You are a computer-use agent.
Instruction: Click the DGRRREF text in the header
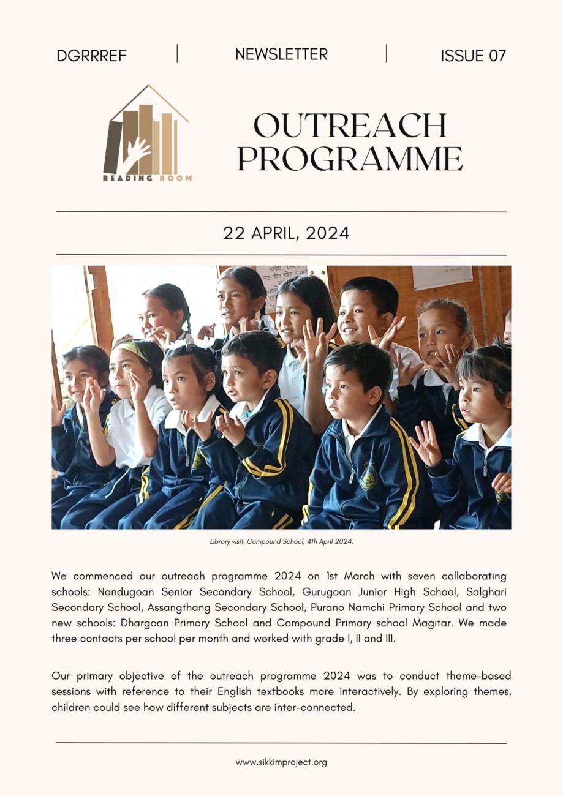(x=91, y=56)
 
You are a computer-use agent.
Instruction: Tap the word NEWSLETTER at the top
(x=281, y=54)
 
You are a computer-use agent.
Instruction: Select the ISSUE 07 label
(x=473, y=56)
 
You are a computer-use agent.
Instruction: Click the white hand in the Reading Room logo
(x=135, y=152)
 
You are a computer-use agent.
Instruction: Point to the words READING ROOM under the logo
(x=147, y=178)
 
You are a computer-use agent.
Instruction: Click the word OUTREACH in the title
(x=350, y=126)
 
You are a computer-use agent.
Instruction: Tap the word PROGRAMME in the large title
(x=350, y=159)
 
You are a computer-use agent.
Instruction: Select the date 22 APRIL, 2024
(x=286, y=233)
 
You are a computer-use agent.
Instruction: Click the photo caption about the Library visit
(x=281, y=542)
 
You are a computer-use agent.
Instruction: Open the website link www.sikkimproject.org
(x=281, y=762)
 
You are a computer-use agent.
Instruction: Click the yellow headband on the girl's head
(x=130, y=348)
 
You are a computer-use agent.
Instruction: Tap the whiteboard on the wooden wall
(x=442, y=277)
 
